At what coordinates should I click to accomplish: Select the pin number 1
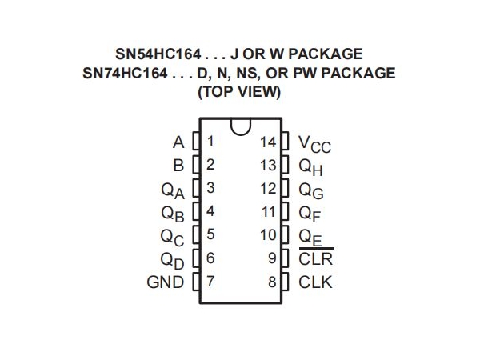coord(210,142)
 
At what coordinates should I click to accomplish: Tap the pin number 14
coord(268,142)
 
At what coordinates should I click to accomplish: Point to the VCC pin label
coord(314,144)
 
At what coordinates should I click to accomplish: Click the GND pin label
coord(166,282)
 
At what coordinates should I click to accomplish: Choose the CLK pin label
coord(315,282)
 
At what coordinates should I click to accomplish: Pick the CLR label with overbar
coord(316,258)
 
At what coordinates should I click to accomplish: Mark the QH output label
coord(310,168)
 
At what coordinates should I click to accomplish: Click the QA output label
coord(173,190)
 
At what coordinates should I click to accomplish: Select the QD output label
coord(172,261)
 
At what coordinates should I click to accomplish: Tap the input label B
coord(178,166)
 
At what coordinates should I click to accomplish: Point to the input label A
coord(178,142)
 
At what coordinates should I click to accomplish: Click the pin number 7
coord(210,282)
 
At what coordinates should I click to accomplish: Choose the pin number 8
coord(272,282)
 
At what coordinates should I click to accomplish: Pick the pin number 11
coord(269,212)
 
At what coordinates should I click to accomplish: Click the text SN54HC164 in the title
coord(158,54)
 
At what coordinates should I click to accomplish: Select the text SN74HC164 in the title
coord(126,73)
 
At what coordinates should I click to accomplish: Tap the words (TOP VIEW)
coord(239,91)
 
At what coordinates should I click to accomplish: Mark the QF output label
coord(310,214)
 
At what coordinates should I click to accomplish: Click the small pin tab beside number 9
coord(285,258)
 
